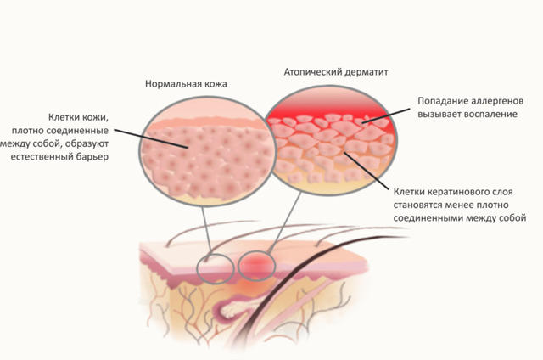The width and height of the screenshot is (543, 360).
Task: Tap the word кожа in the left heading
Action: click(x=216, y=84)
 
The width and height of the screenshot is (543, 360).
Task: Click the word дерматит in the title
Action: click(x=367, y=72)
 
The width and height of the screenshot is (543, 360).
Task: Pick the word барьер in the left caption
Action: click(x=92, y=157)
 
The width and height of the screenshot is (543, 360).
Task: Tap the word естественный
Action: click(x=42, y=157)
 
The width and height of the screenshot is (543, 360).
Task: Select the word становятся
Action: click(x=417, y=205)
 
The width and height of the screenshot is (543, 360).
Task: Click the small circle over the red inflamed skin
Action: click(x=256, y=266)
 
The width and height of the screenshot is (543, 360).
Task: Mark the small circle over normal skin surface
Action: click(x=216, y=268)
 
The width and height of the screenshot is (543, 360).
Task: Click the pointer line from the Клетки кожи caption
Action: click(x=151, y=139)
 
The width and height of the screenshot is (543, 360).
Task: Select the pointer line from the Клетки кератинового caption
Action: click(x=367, y=171)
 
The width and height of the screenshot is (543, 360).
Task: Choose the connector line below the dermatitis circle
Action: click(x=285, y=222)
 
